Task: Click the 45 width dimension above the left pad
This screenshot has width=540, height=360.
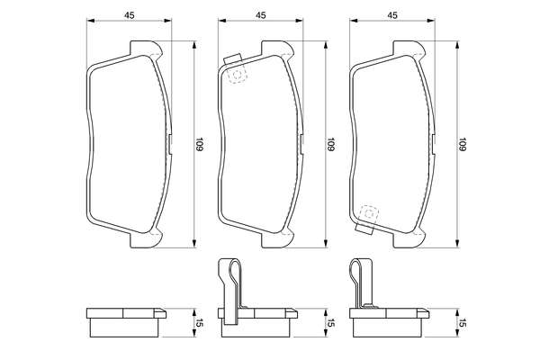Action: pyautogui.click(x=129, y=15)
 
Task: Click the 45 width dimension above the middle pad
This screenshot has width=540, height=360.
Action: pyautogui.click(x=261, y=15)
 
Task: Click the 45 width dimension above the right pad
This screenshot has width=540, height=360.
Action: pyautogui.click(x=392, y=15)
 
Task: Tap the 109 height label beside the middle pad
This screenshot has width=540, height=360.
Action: pyautogui.click(x=331, y=145)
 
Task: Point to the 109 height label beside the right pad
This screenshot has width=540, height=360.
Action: pyautogui.click(x=463, y=145)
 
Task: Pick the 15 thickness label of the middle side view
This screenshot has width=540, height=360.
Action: pyautogui.click(x=331, y=323)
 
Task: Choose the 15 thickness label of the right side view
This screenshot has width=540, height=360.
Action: pyautogui.click(x=463, y=323)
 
